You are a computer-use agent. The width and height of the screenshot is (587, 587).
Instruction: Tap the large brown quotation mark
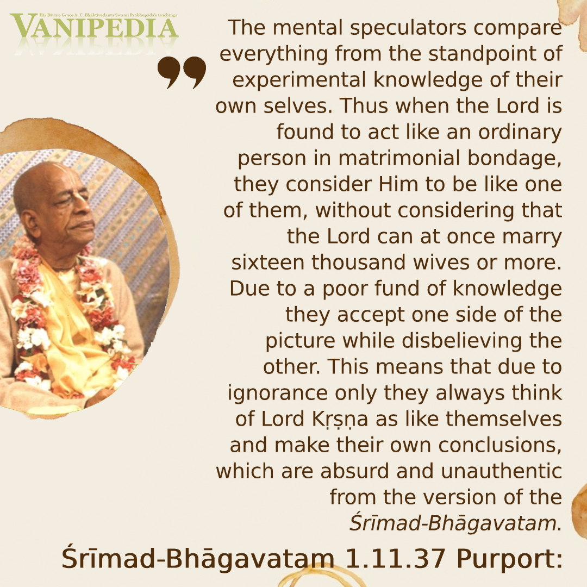(182, 73)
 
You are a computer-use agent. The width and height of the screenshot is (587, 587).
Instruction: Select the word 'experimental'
(299, 80)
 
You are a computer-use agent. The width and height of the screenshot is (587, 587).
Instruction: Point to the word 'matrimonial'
(399, 158)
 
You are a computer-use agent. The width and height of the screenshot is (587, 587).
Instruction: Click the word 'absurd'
(354, 471)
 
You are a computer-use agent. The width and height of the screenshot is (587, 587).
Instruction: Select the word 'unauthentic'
(502, 471)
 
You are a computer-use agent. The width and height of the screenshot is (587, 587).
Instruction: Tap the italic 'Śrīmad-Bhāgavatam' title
(453, 523)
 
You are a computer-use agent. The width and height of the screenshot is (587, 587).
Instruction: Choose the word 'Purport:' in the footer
(509, 559)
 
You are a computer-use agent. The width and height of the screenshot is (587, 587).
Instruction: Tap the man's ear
(29, 223)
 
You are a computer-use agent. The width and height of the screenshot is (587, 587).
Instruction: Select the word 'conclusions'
(500, 446)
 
